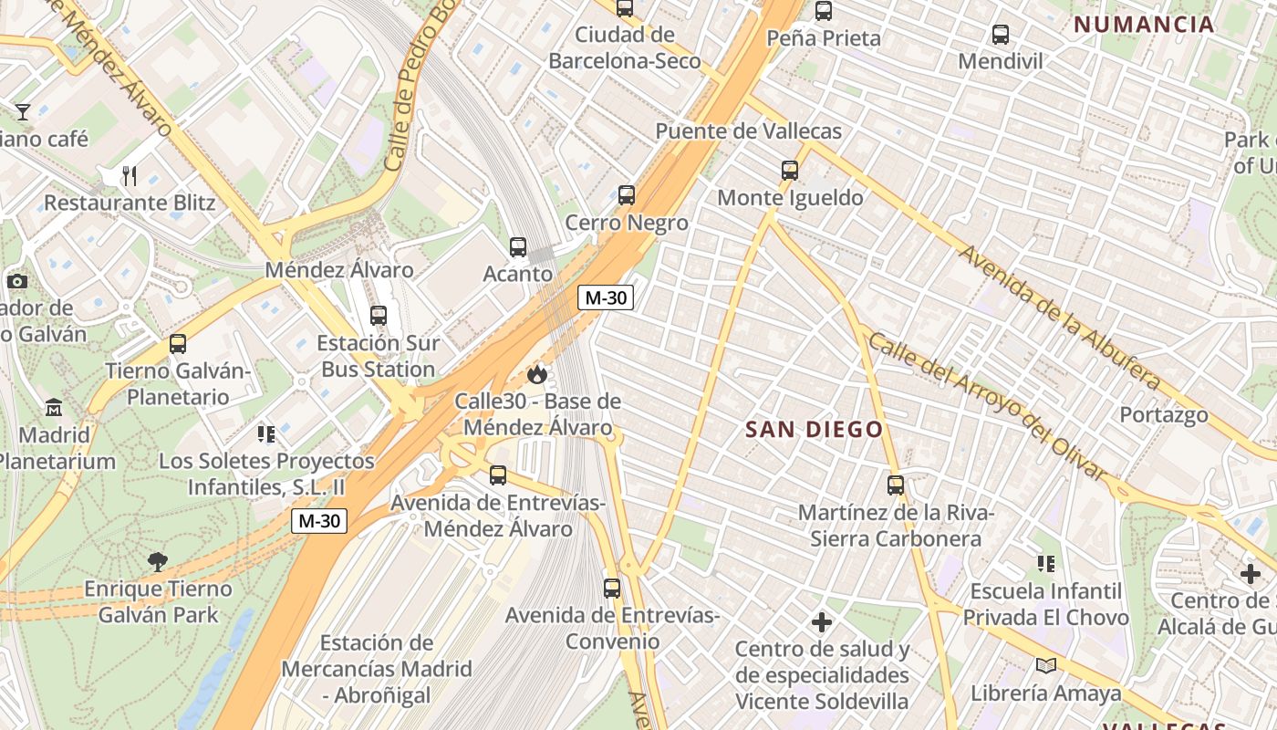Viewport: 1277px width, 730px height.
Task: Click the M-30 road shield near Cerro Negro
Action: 606,297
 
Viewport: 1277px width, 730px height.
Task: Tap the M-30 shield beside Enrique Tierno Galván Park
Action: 319,521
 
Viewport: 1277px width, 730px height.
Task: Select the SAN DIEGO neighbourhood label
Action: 815,430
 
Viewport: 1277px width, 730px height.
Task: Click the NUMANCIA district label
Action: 1144,25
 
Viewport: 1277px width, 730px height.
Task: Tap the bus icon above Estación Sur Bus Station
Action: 379,316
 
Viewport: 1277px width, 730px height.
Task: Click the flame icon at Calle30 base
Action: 537,374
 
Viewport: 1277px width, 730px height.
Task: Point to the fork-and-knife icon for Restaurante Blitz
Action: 130,175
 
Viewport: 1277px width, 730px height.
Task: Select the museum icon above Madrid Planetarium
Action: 54,407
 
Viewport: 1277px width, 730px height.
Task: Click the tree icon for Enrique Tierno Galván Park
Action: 158,560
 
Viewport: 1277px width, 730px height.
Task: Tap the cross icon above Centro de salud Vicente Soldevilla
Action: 822,622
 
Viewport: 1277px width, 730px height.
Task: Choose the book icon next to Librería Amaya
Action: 1045,666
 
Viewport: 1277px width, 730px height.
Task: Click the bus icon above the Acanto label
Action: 518,246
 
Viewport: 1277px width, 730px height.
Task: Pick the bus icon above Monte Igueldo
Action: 790,171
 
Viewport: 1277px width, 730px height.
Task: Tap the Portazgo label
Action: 1164,414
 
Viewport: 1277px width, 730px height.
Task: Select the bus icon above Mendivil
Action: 1001,35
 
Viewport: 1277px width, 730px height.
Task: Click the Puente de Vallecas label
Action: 748,131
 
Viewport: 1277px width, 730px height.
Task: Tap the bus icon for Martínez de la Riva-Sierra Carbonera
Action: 896,485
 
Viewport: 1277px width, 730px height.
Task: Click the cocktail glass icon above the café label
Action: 23,112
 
